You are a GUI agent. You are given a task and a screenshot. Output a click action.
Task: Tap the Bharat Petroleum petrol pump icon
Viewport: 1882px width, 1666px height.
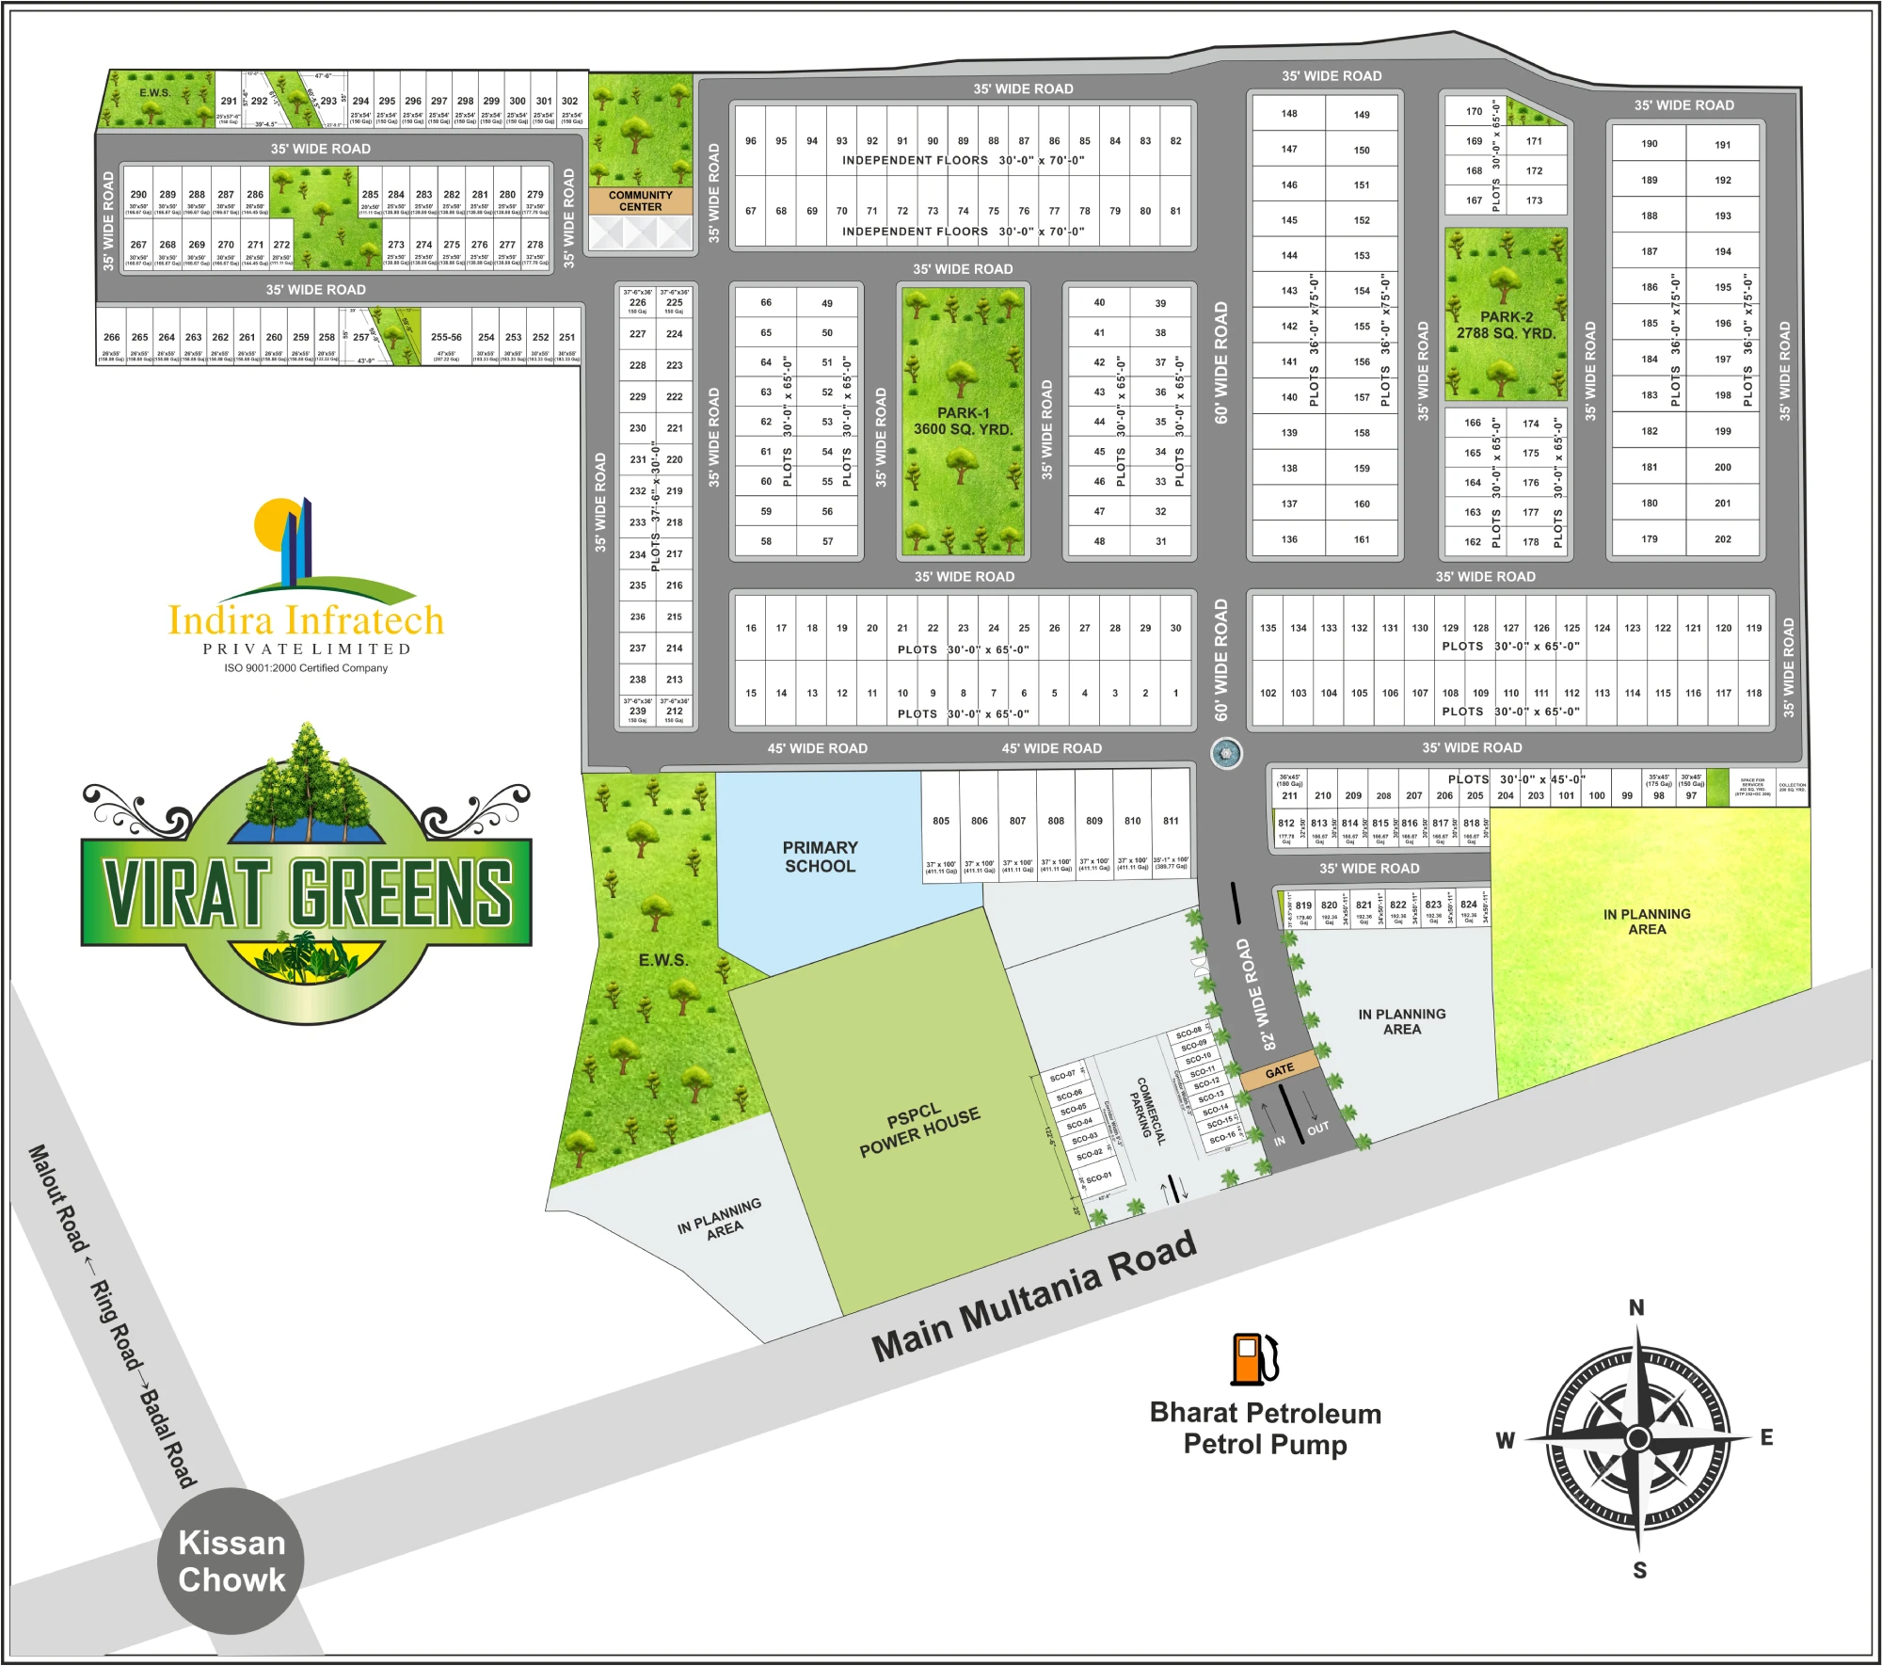pyautogui.click(x=1254, y=1358)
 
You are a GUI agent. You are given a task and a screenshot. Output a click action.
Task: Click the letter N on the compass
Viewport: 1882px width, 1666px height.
pyautogui.click(x=1636, y=1307)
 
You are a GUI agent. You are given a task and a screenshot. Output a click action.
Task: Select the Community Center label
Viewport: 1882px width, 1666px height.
pyautogui.click(x=640, y=200)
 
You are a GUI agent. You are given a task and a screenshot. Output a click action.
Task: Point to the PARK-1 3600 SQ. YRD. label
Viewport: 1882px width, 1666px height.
pyautogui.click(x=963, y=421)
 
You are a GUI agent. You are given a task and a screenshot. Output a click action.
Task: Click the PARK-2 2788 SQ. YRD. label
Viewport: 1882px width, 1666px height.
pyautogui.click(x=1506, y=325)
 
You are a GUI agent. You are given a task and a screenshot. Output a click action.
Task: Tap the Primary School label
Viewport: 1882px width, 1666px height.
pyautogui.click(x=820, y=857)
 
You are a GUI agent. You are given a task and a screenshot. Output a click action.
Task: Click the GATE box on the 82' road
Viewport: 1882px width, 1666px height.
pyautogui.click(x=1279, y=1071)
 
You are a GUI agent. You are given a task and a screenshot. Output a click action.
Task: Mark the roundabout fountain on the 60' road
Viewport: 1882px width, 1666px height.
pyautogui.click(x=1225, y=752)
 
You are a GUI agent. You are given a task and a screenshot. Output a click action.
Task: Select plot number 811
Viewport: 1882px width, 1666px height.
pyautogui.click(x=1171, y=821)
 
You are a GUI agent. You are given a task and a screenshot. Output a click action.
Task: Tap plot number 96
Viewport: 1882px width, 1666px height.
pyautogui.click(x=751, y=141)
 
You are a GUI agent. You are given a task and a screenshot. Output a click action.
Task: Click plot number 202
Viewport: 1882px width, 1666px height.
pyautogui.click(x=1722, y=539)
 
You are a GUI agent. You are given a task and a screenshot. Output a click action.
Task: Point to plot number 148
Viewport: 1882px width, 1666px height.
pyautogui.click(x=1288, y=114)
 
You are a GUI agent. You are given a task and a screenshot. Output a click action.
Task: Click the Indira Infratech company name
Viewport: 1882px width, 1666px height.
pyautogui.click(x=306, y=620)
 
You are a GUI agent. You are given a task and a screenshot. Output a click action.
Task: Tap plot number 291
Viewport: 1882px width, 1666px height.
pyautogui.click(x=229, y=101)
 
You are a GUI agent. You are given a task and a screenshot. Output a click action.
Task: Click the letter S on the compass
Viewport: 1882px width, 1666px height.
pyautogui.click(x=1639, y=1570)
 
